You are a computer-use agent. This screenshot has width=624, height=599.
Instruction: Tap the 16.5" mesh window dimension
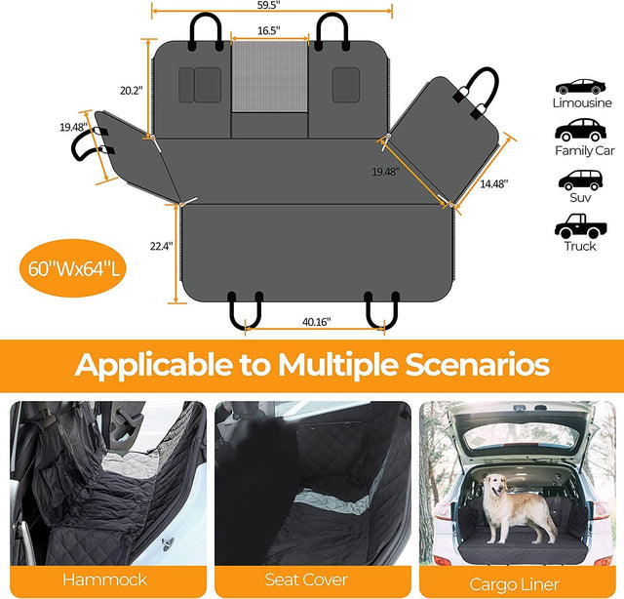(x=269, y=30)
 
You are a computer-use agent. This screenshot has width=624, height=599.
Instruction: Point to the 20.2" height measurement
(x=131, y=90)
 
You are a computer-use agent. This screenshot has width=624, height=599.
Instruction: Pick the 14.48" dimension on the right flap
(x=492, y=181)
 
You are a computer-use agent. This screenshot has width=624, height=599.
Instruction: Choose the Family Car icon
(x=582, y=130)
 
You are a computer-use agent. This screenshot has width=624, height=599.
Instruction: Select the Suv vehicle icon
(x=582, y=180)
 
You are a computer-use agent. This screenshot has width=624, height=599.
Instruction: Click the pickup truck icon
(x=581, y=228)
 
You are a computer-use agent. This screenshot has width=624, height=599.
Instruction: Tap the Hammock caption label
(x=104, y=579)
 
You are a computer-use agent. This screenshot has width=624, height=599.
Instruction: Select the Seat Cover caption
(x=309, y=579)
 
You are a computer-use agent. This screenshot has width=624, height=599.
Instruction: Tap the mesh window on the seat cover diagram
(x=269, y=78)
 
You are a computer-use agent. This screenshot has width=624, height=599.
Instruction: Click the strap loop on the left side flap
(x=86, y=144)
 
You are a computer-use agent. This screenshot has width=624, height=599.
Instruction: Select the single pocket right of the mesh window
(x=344, y=84)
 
